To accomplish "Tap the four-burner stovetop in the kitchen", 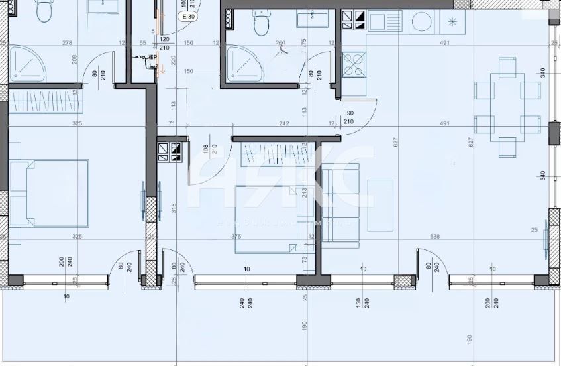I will tap(353, 64).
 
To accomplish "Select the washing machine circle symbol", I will tap(421, 22).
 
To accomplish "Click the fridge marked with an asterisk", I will tap(453, 21).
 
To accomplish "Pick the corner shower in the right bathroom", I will tap(240, 64).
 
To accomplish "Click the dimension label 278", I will tap(66, 44).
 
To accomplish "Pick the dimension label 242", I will tap(284, 123).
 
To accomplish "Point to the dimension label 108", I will tap(206, 149).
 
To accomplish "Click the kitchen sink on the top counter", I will tap(385, 21).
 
